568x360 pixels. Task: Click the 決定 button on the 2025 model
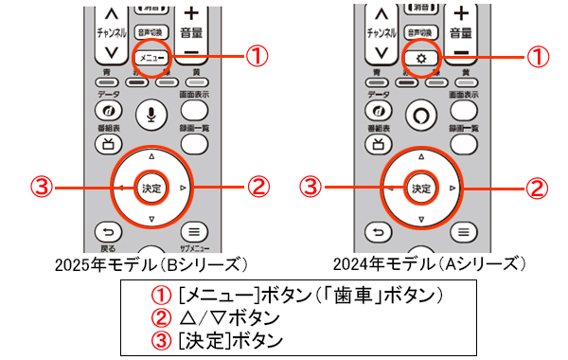151,186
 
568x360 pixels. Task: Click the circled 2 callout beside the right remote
536,188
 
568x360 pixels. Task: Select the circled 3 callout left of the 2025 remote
43,186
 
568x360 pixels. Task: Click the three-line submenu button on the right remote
461,231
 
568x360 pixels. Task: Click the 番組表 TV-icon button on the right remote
377,144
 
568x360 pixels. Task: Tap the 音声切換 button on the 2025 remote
151,30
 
